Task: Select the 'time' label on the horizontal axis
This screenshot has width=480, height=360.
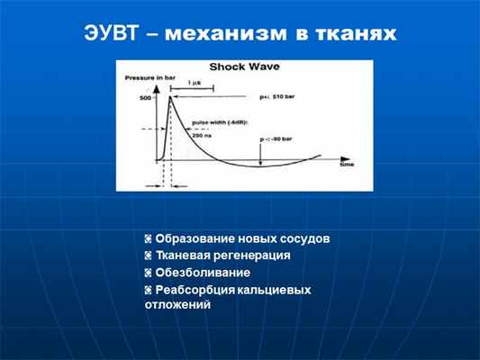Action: click(347, 166)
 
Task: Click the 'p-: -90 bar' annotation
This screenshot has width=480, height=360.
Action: click(280, 139)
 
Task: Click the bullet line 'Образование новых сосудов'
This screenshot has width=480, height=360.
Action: click(242, 238)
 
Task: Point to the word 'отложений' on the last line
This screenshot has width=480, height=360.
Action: click(177, 305)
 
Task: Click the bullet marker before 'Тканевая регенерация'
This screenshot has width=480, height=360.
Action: click(148, 256)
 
